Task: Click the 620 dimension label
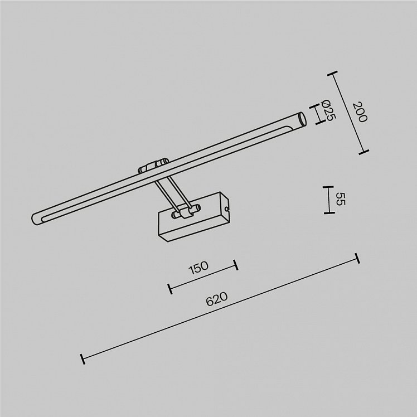tap(217, 299)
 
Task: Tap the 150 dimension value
tap(198, 268)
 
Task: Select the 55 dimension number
tap(340, 199)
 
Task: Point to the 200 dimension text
tap(360, 112)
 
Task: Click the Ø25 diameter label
tap(328, 110)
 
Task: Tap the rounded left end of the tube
tap(35, 219)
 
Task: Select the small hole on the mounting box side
tap(226, 209)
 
